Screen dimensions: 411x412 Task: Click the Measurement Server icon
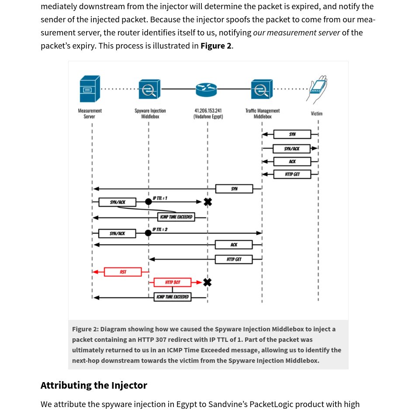point(90,89)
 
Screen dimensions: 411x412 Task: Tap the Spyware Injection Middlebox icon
point(149,89)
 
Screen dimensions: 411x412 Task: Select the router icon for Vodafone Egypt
point(206,89)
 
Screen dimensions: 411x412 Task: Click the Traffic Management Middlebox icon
point(262,89)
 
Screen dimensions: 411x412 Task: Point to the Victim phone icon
point(318,89)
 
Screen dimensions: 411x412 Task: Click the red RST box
point(123,272)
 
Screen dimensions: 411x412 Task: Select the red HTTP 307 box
point(172,282)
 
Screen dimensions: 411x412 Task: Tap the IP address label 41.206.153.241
point(208,111)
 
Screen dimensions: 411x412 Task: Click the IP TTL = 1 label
point(159,198)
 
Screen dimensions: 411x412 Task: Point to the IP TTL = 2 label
point(159,229)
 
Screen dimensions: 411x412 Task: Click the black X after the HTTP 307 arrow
point(208,282)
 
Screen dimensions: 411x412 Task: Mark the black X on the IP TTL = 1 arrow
point(208,202)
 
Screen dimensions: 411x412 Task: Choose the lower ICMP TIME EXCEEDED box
point(173,297)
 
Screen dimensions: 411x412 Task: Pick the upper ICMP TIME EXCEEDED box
point(176,217)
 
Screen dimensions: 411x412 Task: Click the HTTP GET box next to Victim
point(292,174)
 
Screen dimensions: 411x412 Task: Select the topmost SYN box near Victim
point(292,134)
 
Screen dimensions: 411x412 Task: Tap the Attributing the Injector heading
point(94,385)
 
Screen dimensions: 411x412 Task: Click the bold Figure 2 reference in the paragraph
point(216,46)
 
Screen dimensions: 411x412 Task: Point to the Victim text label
point(317,114)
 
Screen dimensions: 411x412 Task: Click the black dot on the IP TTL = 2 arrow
point(148,233)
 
